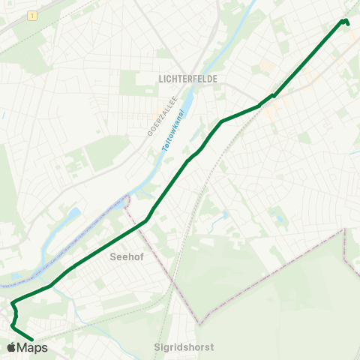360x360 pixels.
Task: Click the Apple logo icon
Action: tap(11, 347)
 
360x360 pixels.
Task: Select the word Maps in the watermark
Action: tap(32, 347)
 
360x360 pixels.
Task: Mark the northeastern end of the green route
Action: tap(347, 23)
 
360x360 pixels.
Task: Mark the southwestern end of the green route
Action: tap(32, 339)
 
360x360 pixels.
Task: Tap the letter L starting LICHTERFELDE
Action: tap(161, 77)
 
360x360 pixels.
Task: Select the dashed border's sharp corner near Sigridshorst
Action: tap(199, 325)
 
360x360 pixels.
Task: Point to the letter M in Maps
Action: tap(22, 347)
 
